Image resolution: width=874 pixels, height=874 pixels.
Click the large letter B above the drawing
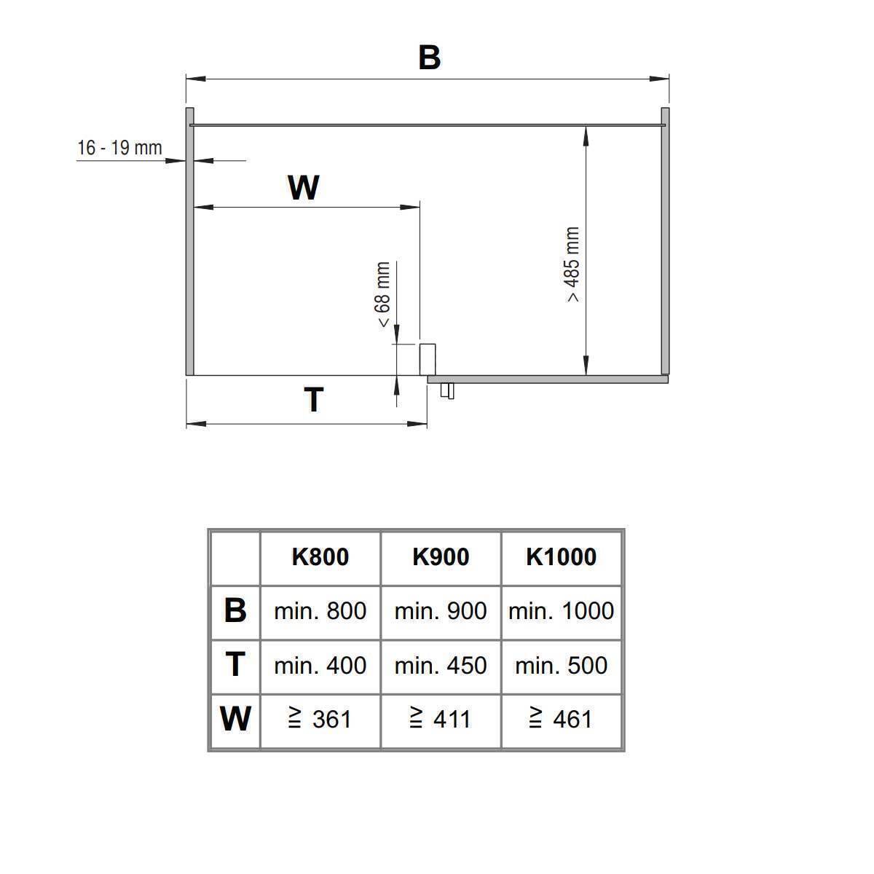click(x=429, y=58)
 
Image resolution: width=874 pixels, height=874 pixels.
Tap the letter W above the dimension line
click(x=304, y=187)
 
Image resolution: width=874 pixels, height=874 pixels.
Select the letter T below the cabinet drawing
click(x=313, y=400)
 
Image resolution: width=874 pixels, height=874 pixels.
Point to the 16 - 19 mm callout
click(x=119, y=148)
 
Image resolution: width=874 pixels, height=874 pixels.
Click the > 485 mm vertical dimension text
click(x=573, y=264)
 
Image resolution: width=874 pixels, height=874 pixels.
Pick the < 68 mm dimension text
click(x=382, y=294)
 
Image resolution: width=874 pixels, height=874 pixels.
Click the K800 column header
click(x=320, y=556)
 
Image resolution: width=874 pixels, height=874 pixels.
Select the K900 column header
click(x=441, y=556)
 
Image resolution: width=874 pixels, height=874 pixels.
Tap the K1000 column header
click(x=561, y=556)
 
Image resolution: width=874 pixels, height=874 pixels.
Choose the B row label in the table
click(x=235, y=610)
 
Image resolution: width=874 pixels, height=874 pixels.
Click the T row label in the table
click(x=235, y=664)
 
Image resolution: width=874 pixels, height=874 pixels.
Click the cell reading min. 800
click(x=320, y=611)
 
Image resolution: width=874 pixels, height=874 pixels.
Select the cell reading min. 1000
click(x=561, y=611)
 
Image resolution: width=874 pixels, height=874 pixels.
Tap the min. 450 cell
click(x=441, y=666)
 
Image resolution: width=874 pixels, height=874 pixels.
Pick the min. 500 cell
click(x=561, y=666)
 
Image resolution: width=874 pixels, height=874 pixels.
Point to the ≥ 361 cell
click(x=320, y=719)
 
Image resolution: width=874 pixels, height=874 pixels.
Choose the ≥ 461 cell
click(x=561, y=719)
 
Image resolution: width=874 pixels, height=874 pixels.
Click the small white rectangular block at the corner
click(x=428, y=360)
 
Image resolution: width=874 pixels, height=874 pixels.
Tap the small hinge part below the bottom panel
click(x=447, y=391)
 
